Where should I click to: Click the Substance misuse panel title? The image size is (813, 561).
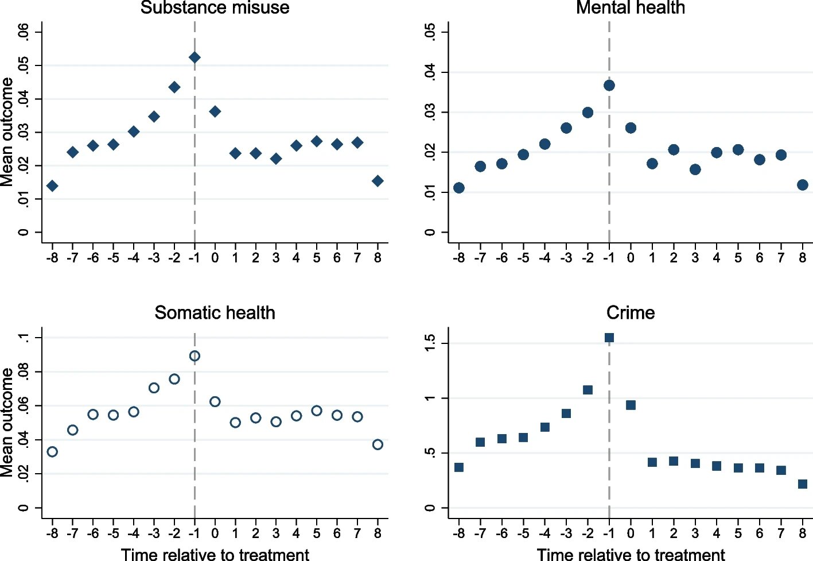coord(215,7)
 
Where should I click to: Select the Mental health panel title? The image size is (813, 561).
coord(630,7)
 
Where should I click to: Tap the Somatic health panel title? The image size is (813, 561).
coord(215,312)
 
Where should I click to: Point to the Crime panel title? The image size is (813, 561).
coord(630,312)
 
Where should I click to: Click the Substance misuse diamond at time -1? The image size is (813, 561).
coord(195,57)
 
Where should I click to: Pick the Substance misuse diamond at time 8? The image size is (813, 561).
coord(378,181)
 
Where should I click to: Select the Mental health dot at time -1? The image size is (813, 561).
coord(609,86)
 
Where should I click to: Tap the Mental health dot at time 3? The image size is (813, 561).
coord(695,169)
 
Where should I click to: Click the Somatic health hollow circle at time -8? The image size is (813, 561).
coord(52,452)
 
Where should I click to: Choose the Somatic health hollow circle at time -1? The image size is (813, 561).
coord(195,356)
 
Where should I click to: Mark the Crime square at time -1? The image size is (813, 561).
coord(609,338)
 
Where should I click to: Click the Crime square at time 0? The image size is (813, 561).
coord(631,405)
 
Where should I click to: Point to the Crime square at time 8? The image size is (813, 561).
coord(803,484)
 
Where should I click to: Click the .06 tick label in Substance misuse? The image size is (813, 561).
coord(23,32)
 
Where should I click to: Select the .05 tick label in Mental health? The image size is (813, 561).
coord(430,32)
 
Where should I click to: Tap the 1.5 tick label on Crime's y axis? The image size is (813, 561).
coord(430,343)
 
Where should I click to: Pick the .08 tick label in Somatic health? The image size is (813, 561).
coord(23,372)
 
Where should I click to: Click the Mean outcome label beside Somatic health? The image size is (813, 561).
coord(7,423)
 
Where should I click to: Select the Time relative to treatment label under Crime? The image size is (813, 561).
coord(631,555)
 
